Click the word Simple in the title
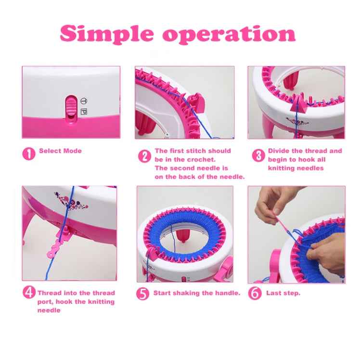pos(107,34)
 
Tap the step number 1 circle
pos(29,154)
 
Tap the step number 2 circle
pos(144,156)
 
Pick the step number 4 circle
pos(29,293)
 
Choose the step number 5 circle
pos(142,294)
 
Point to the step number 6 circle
pos(255,293)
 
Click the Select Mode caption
pos(60,151)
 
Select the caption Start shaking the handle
pos(196,293)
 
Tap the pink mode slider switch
pos(71,106)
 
